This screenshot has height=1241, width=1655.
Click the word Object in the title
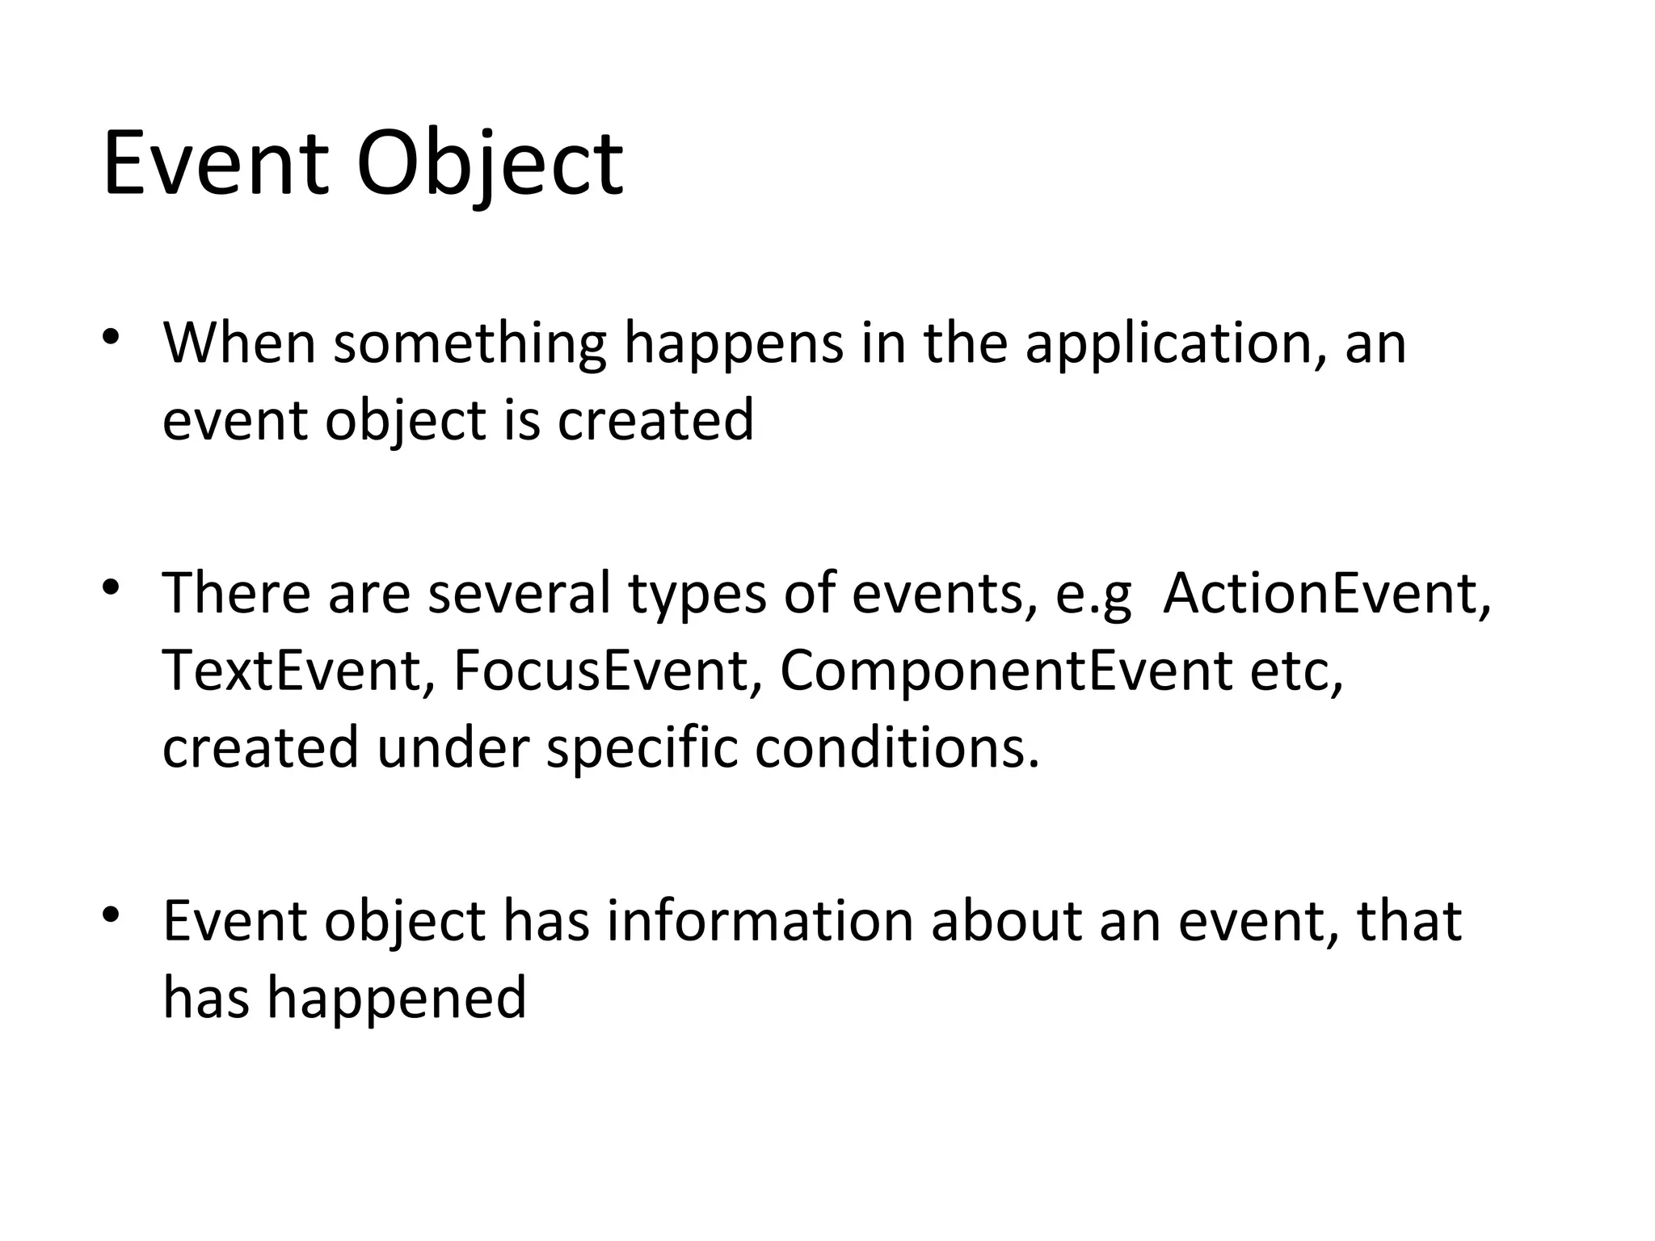(x=490, y=165)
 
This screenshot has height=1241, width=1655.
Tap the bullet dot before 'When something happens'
(x=111, y=336)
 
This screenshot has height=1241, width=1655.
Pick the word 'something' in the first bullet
(x=470, y=343)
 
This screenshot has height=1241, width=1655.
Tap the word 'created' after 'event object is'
(x=655, y=420)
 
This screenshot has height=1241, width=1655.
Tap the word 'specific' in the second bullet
(x=642, y=748)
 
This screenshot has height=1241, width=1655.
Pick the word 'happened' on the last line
(x=397, y=998)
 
